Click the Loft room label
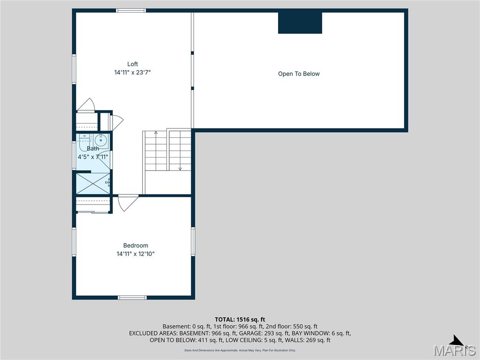tap(133, 64)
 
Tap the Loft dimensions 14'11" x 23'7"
tap(133, 73)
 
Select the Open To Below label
tap(299, 74)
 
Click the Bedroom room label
tap(135, 246)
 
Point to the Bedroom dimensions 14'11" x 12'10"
tap(135, 254)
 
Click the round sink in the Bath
tap(101, 140)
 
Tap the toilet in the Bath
tap(84, 139)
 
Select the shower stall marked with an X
tap(93, 183)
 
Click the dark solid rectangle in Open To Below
tap(300, 23)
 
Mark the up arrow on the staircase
tap(156, 133)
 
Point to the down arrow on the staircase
tap(180, 168)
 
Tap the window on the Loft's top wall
tap(131, 10)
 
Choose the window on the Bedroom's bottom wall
tap(132, 297)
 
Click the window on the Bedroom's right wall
tap(193, 241)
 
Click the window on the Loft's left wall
tap(74, 69)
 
